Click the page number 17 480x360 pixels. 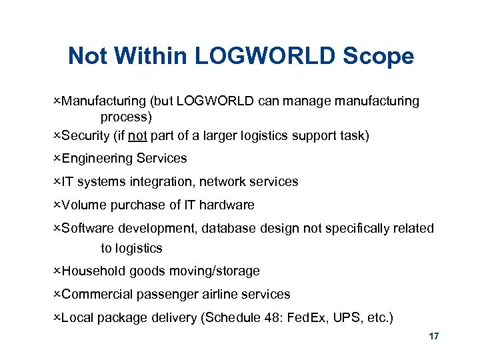click(x=434, y=337)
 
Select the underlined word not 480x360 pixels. click(x=138, y=136)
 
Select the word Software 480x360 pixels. click(x=88, y=228)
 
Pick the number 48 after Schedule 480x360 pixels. click(x=273, y=317)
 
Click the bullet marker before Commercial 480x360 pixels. click(x=57, y=294)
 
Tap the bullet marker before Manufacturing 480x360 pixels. click(x=57, y=101)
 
